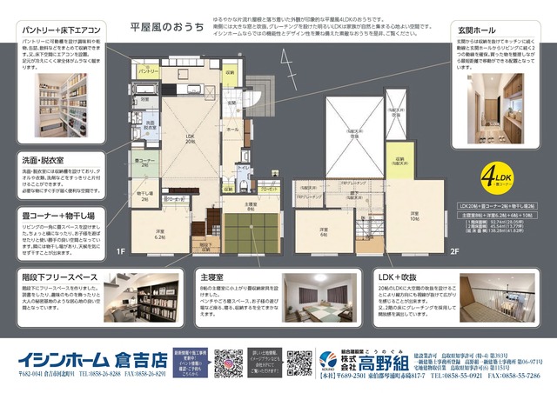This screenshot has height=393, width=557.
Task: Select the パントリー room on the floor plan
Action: click(x=148, y=70)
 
